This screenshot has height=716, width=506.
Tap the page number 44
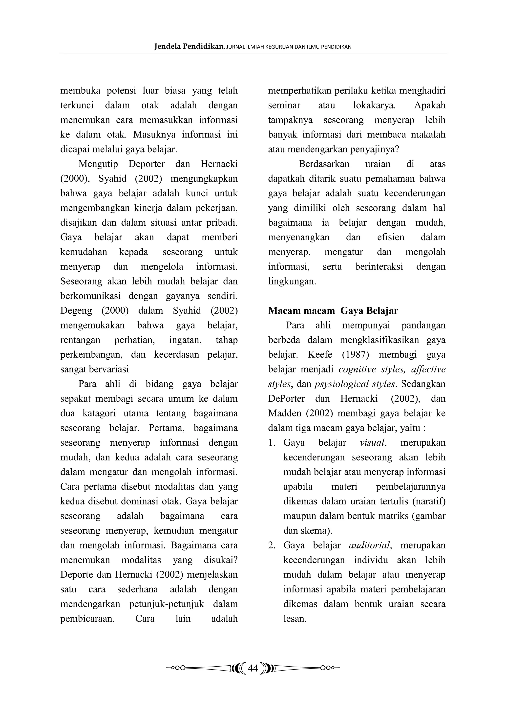253,668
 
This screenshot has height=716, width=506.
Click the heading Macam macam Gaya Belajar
333,311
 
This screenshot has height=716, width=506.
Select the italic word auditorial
370,545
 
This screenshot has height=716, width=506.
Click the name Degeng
76,311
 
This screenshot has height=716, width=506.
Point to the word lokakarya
374,105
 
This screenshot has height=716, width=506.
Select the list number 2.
271,545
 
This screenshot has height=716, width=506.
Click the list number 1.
271,442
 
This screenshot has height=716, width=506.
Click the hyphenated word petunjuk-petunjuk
167,604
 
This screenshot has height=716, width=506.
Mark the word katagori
99,413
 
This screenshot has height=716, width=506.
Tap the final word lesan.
295,619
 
